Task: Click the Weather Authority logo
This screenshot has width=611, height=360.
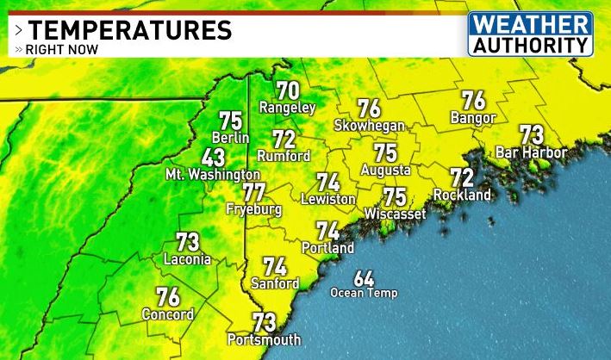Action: pyautogui.click(x=531, y=34)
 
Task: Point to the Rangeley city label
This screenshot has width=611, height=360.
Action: pyautogui.click(x=287, y=108)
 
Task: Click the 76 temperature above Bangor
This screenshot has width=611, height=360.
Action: pyautogui.click(x=473, y=101)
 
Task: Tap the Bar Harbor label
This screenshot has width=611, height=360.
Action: pyautogui.click(x=532, y=153)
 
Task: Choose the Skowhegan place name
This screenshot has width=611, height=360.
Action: pyautogui.click(x=370, y=126)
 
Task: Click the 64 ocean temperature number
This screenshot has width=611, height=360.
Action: pyautogui.click(x=364, y=278)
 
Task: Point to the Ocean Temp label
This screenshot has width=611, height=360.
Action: pyautogui.click(x=364, y=293)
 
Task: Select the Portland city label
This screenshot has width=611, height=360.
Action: pyautogui.click(x=327, y=248)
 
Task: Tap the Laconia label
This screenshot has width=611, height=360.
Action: pyautogui.click(x=187, y=258)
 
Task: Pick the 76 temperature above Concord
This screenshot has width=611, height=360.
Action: pyautogui.click(x=168, y=298)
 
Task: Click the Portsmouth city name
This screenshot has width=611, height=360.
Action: pyautogui.click(x=264, y=338)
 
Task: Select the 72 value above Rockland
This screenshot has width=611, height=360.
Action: pyautogui.click(x=462, y=178)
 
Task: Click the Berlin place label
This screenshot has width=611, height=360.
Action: pyautogui.click(x=231, y=138)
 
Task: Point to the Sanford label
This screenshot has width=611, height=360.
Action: pyautogui.click(x=275, y=283)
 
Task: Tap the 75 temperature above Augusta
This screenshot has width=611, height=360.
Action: pyautogui.click(x=385, y=152)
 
